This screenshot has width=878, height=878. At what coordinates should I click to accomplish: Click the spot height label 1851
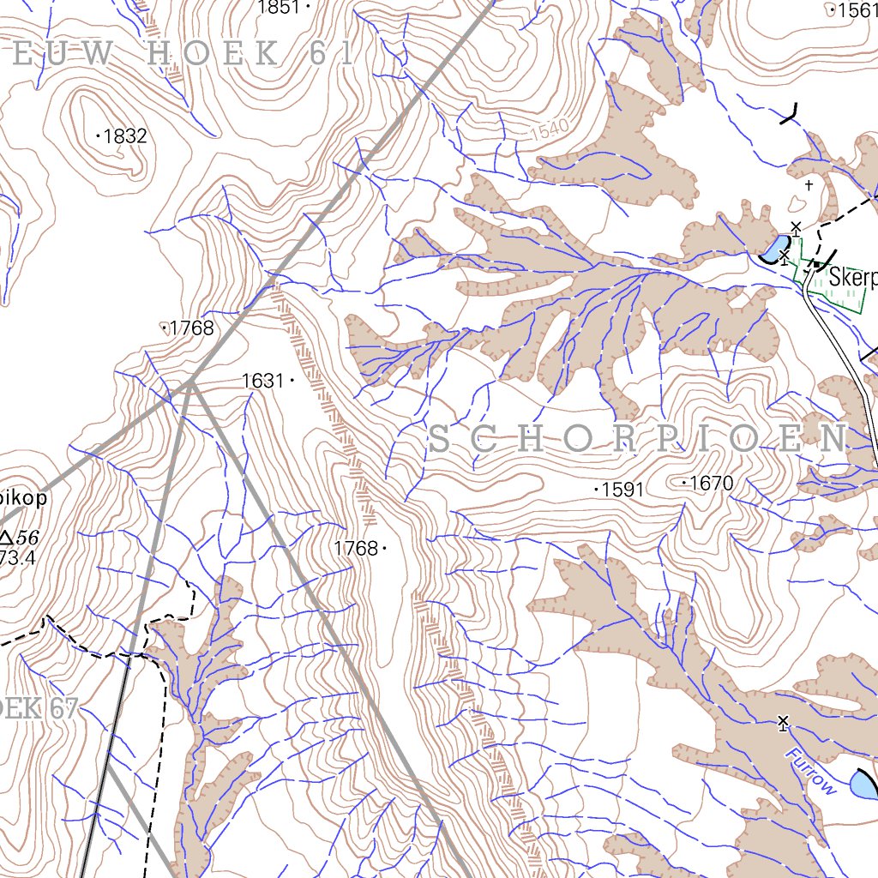(279, 8)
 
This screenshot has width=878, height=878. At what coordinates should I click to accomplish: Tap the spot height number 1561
(854, 10)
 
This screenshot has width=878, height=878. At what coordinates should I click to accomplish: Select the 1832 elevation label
(126, 136)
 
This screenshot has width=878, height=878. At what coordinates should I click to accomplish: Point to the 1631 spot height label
(262, 381)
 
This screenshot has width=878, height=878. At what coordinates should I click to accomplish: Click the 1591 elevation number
(623, 490)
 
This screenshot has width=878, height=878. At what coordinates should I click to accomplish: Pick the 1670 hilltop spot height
(712, 484)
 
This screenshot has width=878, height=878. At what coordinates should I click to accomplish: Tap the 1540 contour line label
(549, 131)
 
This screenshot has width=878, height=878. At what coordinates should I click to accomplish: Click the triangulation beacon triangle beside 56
(7, 538)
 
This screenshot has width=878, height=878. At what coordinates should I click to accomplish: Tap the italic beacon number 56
(28, 538)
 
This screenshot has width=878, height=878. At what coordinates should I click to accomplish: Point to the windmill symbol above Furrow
(782, 723)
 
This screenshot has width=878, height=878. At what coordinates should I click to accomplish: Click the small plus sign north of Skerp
(808, 183)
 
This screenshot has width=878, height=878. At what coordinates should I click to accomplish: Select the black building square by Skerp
(818, 263)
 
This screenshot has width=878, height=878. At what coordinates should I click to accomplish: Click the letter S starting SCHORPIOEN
(438, 440)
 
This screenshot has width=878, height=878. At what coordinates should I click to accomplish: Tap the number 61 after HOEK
(333, 55)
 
